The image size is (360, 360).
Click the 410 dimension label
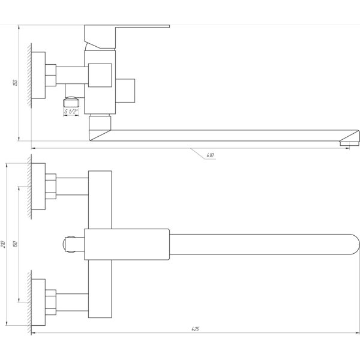coord(210,155)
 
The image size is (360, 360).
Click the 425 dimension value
coord(195,329)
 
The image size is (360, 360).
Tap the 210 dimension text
coord(3,244)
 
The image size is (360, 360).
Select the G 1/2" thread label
coord(71,112)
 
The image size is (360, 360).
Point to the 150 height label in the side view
coord(15,83)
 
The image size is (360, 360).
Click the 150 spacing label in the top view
coord(15,244)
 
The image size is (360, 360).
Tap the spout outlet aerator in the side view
coord(349,143)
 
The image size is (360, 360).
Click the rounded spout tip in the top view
coord(355,244)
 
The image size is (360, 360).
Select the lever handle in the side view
coord(127,37)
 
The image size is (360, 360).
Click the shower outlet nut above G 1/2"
coord(71,102)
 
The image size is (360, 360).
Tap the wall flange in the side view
coord(38,76)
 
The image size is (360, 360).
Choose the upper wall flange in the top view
coord(38,187)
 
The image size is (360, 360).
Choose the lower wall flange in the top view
coord(38,302)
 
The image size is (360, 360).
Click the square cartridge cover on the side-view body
coord(100,76)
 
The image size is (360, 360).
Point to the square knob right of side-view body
coord(125,91)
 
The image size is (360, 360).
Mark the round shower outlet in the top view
coord(69,244)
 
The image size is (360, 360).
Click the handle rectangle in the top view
coord(127,244)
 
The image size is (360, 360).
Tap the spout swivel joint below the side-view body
coord(100,123)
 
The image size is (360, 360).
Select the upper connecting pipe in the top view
coord(72,186)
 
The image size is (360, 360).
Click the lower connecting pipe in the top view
coord(72,302)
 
